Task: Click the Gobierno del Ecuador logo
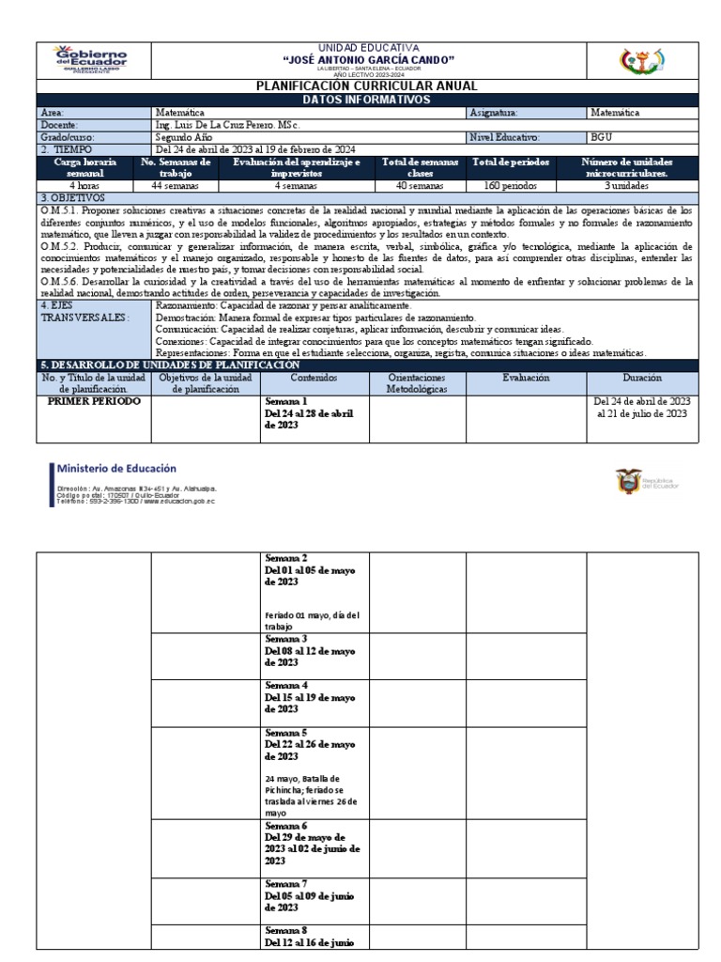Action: point(93,58)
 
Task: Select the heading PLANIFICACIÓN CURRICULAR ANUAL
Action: point(361,85)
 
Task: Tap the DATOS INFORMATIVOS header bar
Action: point(361,99)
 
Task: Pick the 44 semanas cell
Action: point(176,185)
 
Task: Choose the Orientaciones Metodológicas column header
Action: point(418,381)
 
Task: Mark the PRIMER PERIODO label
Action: point(94,401)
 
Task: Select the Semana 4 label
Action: point(286,685)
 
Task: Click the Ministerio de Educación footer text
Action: point(116,468)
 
